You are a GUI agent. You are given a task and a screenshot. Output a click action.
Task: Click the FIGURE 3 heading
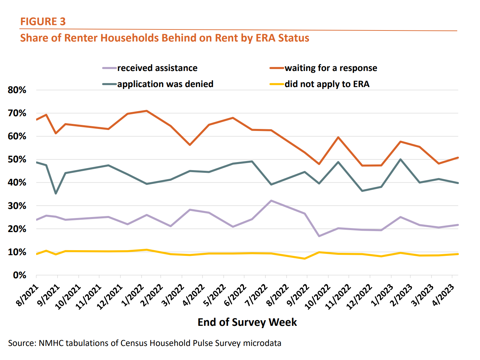coord(43,21)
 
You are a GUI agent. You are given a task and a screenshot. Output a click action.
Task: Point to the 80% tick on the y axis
coord(17,90)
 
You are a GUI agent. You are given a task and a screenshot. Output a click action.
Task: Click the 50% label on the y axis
coord(17,159)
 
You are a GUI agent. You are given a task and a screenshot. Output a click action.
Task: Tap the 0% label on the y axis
coord(19,275)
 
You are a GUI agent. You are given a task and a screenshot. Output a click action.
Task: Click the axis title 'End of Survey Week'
coord(247,322)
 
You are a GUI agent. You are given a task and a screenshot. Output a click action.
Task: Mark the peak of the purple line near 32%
coord(271,201)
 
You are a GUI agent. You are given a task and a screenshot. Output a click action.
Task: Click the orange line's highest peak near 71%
coord(147,111)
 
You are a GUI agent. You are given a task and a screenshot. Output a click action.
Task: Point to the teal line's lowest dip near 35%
coord(56,194)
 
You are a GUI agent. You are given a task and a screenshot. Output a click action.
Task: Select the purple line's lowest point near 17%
coord(319,236)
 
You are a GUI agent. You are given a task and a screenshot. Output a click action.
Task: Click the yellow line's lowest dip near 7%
coord(305,259)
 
